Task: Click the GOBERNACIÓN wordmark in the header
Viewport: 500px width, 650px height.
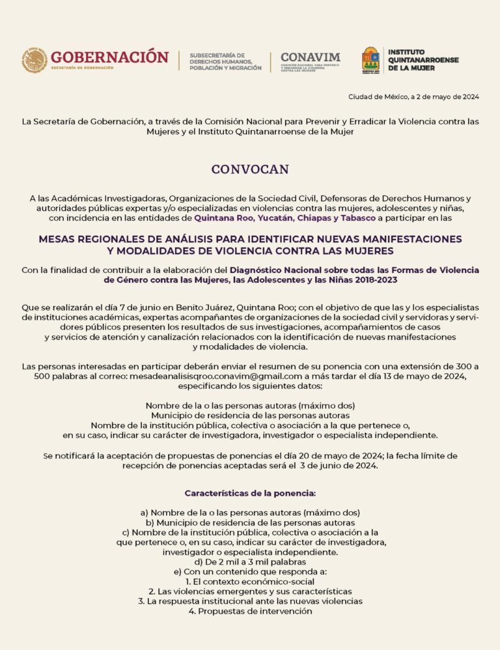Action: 109,57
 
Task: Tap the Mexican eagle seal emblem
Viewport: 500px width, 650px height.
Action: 34,61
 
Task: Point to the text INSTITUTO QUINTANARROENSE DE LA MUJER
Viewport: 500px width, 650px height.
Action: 423,60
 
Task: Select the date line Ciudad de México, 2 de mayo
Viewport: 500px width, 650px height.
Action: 413,97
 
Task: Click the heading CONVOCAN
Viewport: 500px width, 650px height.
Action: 250,169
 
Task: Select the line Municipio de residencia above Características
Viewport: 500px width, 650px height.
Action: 250,415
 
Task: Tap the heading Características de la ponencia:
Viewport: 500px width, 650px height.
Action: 250,493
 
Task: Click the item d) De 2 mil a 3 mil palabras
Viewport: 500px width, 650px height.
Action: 250,561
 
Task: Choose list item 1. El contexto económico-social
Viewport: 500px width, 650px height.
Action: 250,581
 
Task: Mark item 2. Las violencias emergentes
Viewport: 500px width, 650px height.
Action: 250,591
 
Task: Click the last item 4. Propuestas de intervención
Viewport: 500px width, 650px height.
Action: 250,612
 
